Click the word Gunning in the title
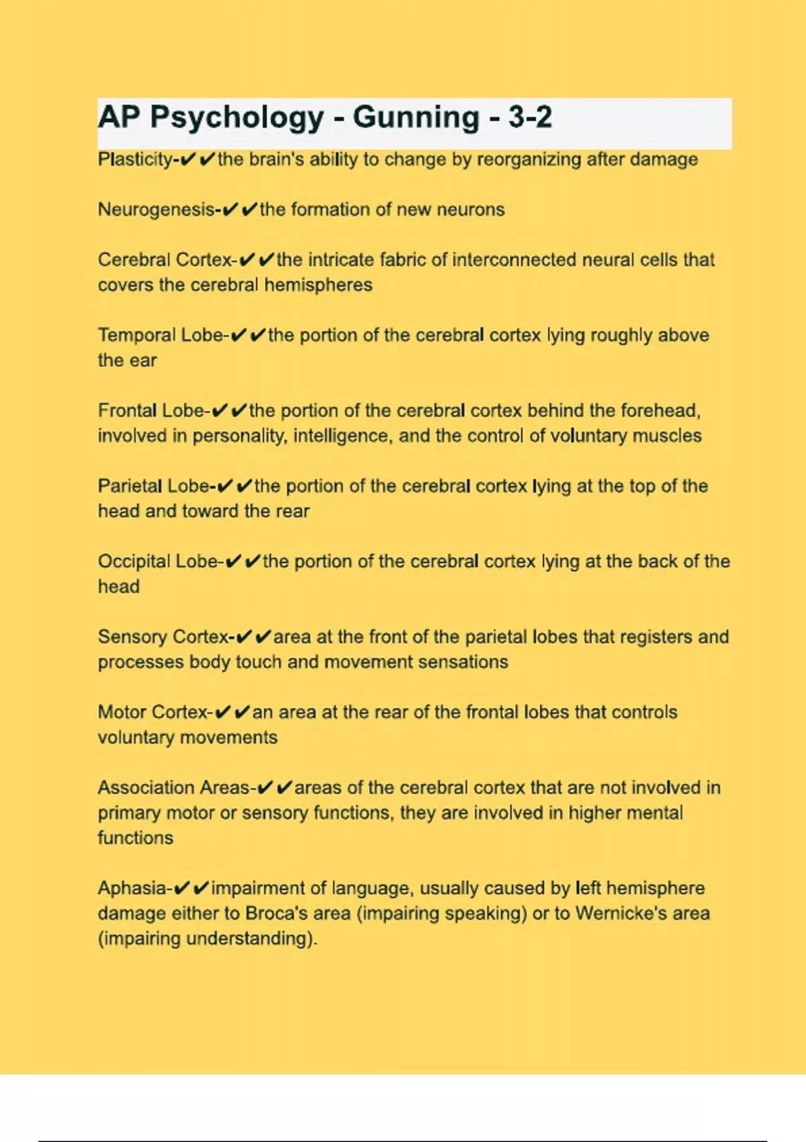click(x=416, y=118)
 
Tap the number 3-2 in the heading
click(x=530, y=118)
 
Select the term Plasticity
click(x=135, y=160)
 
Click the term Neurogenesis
click(x=156, y=210)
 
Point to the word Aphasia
click(x=132, y=888)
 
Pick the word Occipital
click(x=134, y=562)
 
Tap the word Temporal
click(x=136, y=335)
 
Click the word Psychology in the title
click(x=237, y=118)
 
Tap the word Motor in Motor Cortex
click(x=123, y=712)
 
